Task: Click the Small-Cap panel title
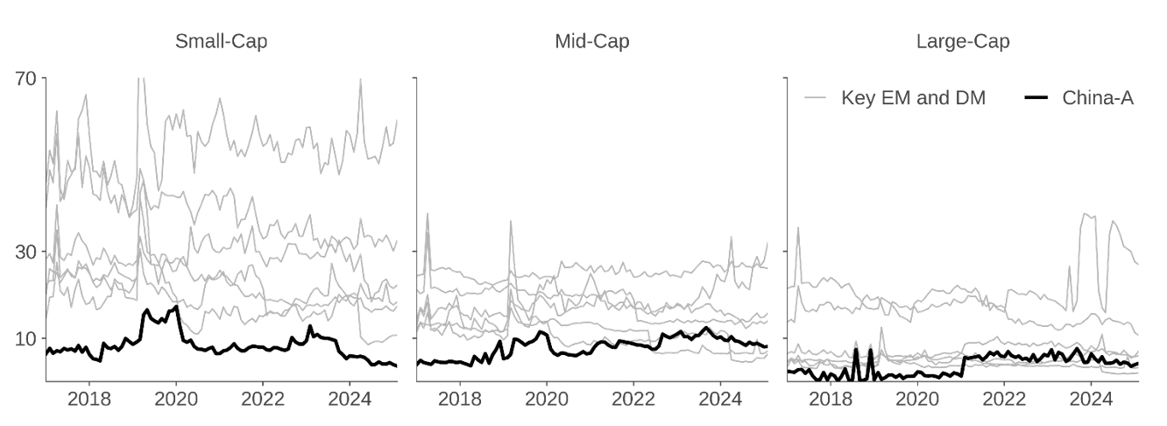[221, 41]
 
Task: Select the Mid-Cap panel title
[591, 41]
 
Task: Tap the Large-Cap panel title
[962, 41]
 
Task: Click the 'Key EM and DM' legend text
[913, 98]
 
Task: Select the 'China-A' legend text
[1098, 98]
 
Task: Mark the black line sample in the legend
[1036, 98]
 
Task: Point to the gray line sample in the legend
[816, 98]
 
